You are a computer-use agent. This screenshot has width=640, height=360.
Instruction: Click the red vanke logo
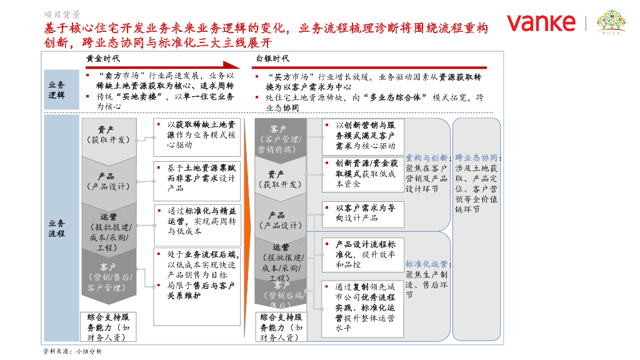[541, 23]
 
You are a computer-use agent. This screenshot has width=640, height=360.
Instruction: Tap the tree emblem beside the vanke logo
[611, 23]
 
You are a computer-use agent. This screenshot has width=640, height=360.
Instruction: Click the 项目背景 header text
[62, 14]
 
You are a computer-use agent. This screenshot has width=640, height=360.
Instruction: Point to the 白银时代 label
[272, 58]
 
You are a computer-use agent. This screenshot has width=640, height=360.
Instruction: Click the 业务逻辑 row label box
[56, 91]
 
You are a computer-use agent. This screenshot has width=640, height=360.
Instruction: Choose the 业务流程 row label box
[56, 228]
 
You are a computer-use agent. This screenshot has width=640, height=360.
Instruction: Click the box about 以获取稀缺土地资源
[197, 135]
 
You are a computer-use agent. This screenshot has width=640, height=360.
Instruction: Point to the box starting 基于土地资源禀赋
[197, 177]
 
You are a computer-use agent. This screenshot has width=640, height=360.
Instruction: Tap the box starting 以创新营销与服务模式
[362, 135]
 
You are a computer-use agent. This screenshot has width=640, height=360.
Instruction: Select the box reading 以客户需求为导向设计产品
[362, 213]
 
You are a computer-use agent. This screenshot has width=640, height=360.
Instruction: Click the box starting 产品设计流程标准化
[362, 254]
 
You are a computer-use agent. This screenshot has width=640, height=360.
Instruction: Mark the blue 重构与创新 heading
[427, 158]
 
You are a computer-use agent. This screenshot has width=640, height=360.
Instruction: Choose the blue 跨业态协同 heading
[477, 158]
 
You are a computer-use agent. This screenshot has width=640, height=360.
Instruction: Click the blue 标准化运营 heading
[427, 264]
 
